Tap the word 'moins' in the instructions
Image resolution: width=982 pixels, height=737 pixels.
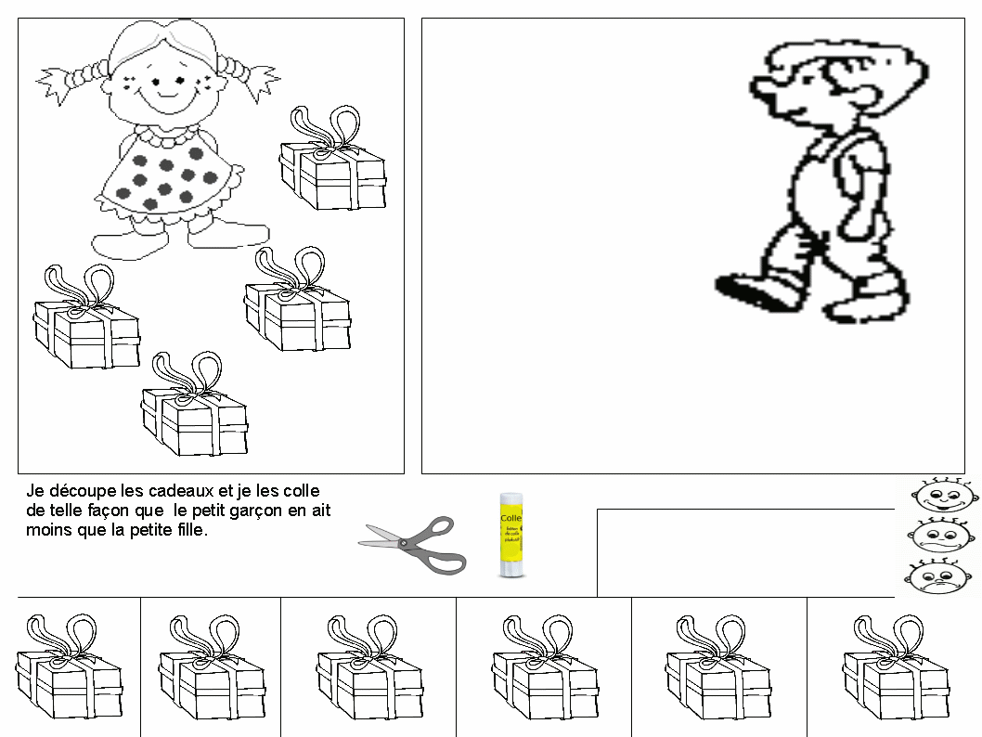(46, 531)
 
